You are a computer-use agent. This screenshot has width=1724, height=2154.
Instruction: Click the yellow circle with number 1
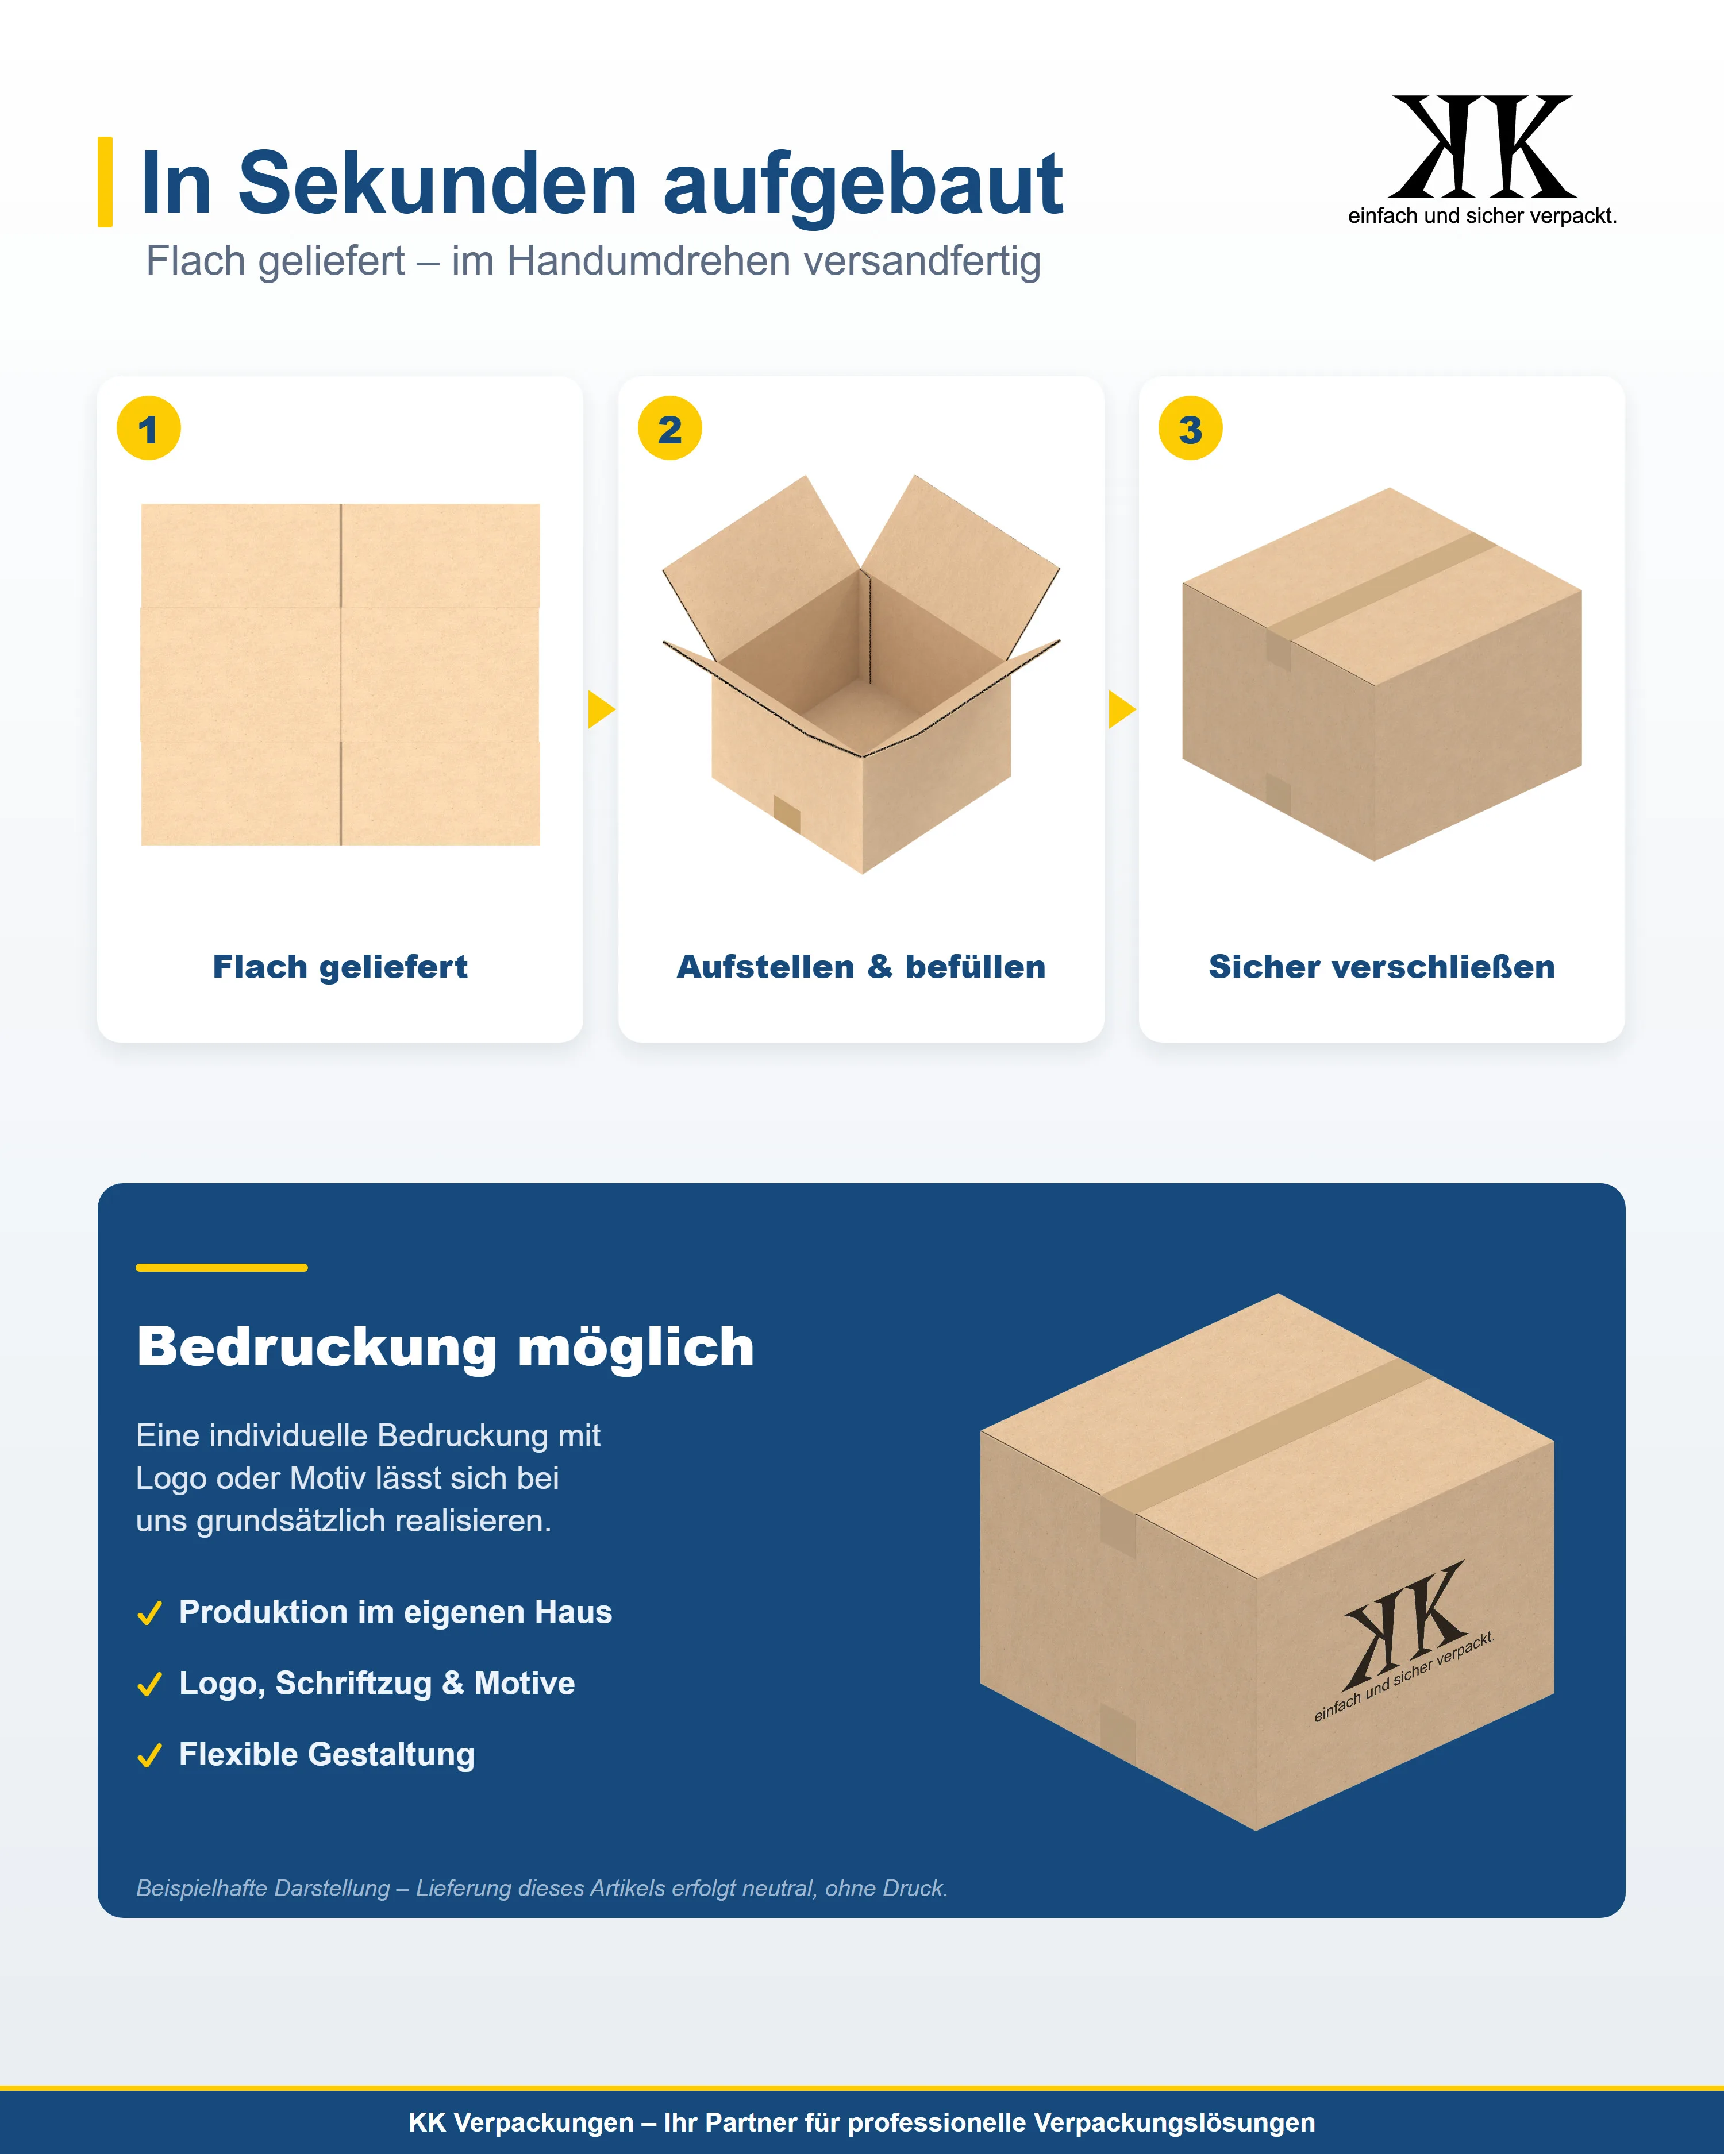coord(149,429)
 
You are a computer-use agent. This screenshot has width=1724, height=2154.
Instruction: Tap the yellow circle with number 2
coord(669,429)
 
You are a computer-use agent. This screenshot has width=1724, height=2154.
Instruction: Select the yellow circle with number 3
coord(1190,429)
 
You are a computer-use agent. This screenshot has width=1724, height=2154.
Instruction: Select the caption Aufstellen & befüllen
coord(861,967)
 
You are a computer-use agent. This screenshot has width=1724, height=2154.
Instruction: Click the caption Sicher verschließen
coord(1382,967)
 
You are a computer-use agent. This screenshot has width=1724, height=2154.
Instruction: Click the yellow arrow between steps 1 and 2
coord(601,709)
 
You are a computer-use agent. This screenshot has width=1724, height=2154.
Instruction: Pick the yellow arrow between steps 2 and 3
coord(1121,709)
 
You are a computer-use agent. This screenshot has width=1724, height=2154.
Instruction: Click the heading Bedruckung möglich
coord(446,1347)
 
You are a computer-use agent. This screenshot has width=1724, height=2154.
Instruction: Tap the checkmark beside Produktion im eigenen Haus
coord(150,1613)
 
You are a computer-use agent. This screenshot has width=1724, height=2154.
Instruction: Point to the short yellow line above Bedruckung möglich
coord(222,1267)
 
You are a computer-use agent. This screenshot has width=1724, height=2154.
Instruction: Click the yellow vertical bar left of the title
coord(105,182)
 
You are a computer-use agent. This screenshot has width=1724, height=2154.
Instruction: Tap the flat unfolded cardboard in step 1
coord(341,674)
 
